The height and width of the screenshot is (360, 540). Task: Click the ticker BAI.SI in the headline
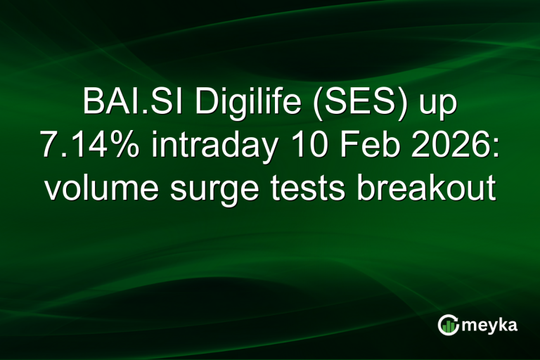coord(133,103)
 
